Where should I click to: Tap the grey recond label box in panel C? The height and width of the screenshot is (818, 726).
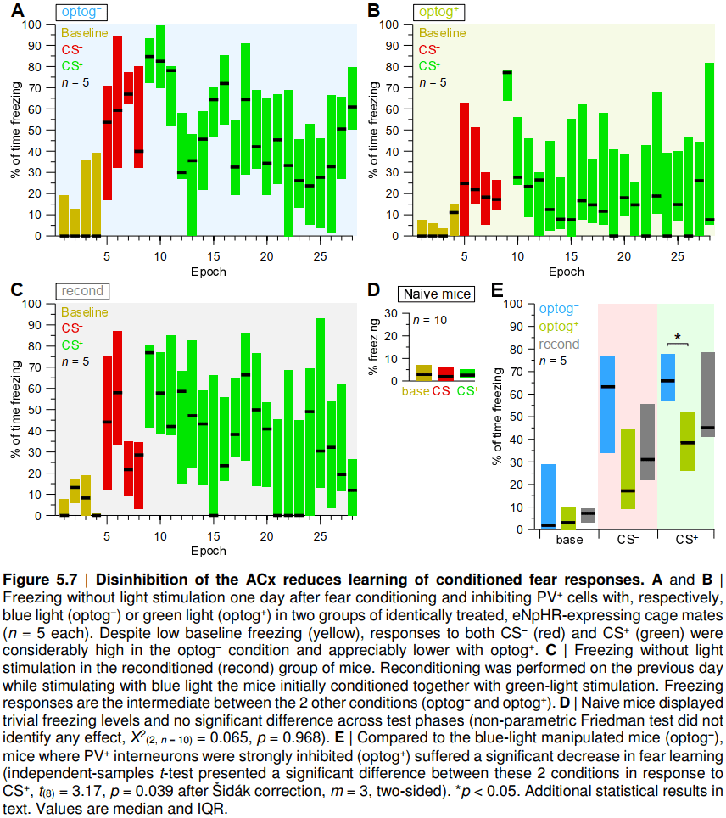point(83,291)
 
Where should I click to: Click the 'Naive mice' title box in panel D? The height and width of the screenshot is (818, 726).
point(437,294)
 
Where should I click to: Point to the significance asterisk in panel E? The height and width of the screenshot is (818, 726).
point(678,337)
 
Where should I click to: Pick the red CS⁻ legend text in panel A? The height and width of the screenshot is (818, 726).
point(72,49)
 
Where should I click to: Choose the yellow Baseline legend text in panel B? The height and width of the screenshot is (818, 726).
point(442,33)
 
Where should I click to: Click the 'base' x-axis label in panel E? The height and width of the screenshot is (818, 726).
point(569,540)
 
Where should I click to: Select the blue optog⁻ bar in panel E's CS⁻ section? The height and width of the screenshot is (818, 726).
point(607,404)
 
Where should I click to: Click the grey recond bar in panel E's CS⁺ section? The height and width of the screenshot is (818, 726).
point(707,395)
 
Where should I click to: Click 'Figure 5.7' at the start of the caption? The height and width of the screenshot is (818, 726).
point(41,581)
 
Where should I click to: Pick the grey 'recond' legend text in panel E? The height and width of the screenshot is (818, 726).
point(559,345)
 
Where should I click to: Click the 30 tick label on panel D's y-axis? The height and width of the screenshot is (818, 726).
point(390,313)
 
